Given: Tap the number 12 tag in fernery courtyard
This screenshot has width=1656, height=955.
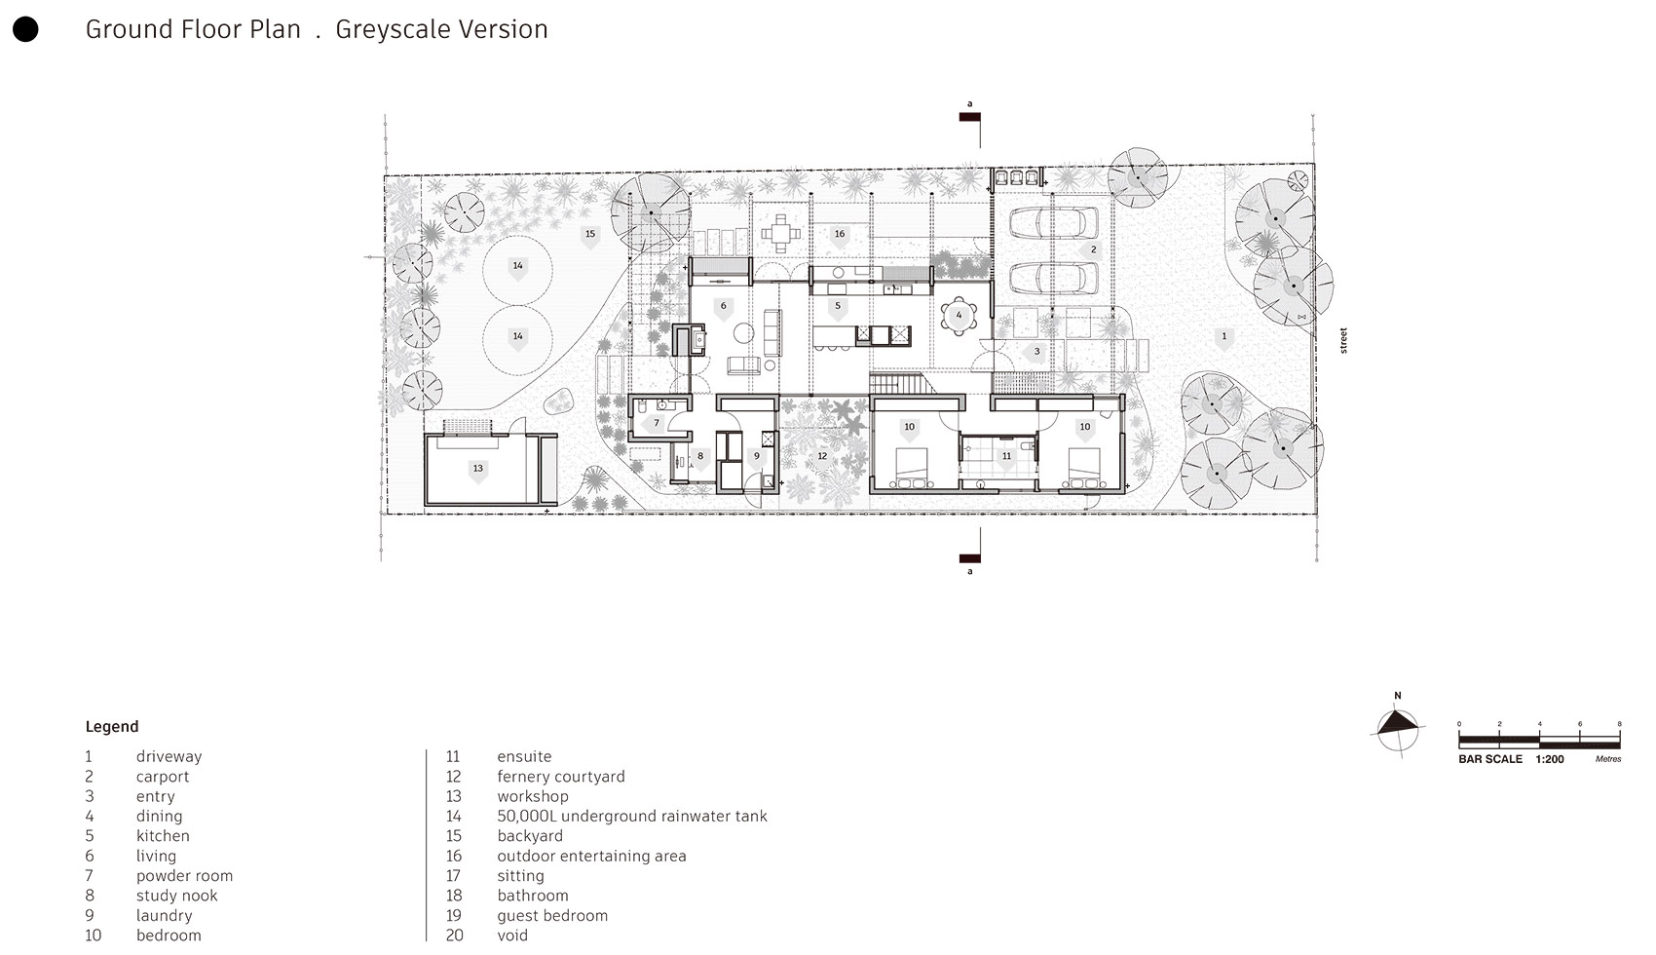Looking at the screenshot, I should pos(822,456).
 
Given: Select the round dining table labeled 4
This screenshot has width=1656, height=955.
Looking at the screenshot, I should pos(960,317).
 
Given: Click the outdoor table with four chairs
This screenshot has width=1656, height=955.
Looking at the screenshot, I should pos(780,234).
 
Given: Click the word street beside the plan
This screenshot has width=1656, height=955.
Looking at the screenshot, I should pos(1343,340).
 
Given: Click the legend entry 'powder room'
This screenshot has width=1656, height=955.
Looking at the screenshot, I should pos(184,876).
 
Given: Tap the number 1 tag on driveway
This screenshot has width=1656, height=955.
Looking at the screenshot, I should pos(1224,337).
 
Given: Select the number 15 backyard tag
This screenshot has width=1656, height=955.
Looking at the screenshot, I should pos(589,235).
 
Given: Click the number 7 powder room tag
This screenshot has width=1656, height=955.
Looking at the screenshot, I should pos(657,423).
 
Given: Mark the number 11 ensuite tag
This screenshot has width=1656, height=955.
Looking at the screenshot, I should pos(1006,456).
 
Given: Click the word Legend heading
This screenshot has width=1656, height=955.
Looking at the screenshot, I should pos(112,727).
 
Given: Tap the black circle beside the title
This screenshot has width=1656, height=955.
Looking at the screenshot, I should pos(25,29).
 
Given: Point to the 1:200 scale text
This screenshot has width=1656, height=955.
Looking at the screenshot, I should pos(1550,759).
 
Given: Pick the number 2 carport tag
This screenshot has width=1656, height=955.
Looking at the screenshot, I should pos(1093,250).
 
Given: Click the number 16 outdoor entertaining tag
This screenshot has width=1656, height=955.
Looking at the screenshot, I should pos(839,234).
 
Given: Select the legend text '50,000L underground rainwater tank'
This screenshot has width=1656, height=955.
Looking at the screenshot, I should pos(631,817).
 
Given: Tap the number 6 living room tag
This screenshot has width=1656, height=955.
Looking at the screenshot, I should pos(723,306).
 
